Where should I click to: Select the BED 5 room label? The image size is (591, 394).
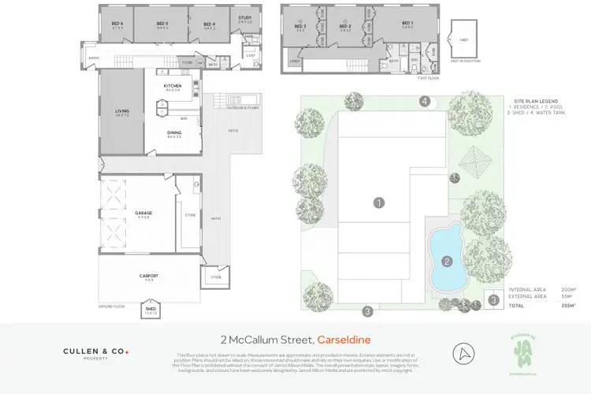click(162, 24)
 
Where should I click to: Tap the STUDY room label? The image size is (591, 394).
click(244, 18)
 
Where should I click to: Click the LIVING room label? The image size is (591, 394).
click(122, 111)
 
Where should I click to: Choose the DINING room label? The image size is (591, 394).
click(173, 132)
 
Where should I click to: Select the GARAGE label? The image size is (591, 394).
click(143, 213)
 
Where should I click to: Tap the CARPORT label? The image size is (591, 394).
click(149, 276)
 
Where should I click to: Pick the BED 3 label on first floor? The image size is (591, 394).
click(299, 26)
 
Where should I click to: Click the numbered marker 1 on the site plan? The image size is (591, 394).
click(379, 203)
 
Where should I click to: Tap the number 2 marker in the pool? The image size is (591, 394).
click(446, 261)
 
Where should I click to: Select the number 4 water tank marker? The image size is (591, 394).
click(424, 101)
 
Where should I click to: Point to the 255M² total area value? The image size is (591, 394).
click(567, 305)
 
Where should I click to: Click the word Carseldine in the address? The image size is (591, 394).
click(350, 339)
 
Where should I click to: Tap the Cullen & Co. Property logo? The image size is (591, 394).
click(95, 354)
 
